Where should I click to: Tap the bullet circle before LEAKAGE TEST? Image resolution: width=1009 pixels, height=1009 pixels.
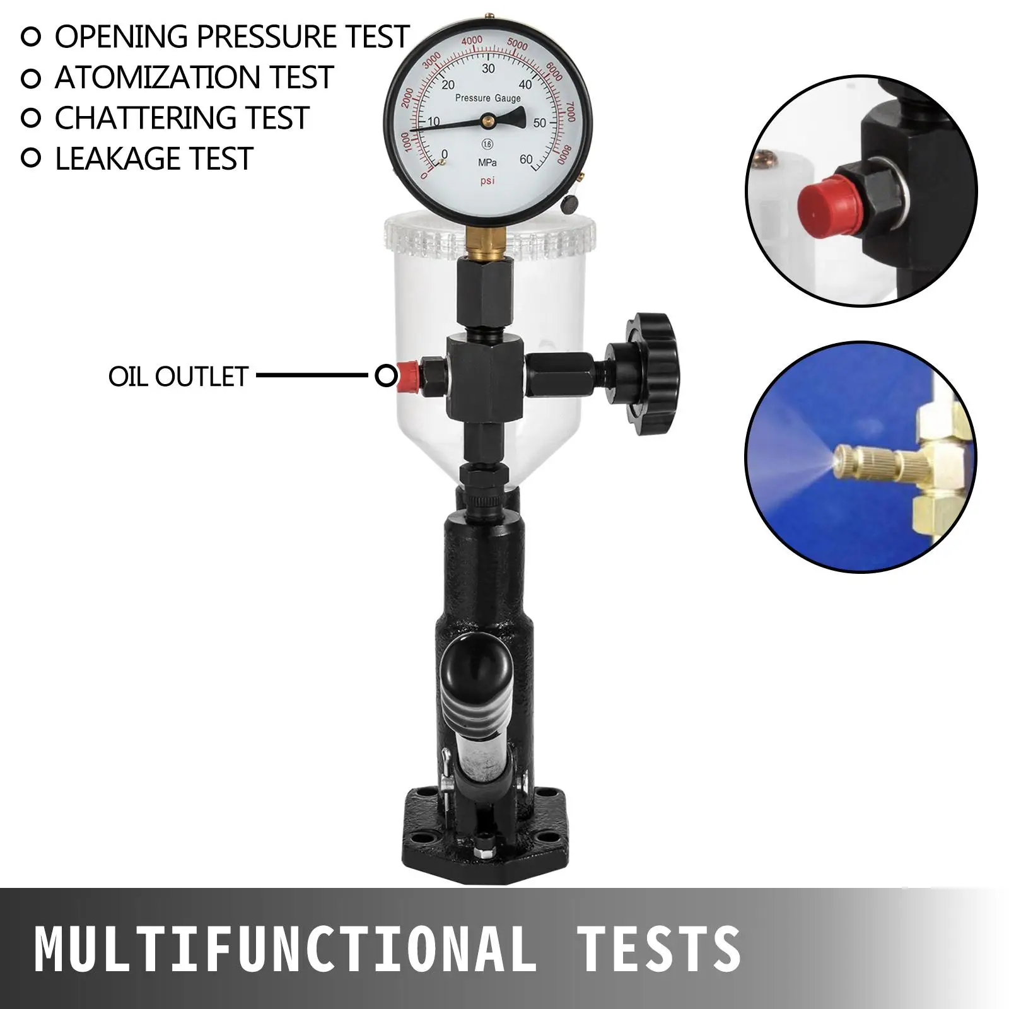[31, 158]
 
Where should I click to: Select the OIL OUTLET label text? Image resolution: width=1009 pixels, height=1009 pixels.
[178, 376]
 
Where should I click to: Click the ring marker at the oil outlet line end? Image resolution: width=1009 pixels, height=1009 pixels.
[385, 376]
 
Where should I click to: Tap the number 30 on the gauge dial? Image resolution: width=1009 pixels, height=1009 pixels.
[488, 69]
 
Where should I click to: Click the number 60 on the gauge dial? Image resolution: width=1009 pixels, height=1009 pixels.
[525, 160]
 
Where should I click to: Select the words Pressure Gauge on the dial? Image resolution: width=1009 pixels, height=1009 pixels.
[488, 98]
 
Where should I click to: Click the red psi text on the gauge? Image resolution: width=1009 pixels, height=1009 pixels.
[487, 181]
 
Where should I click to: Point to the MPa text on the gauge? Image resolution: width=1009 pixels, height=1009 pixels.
[487, 163]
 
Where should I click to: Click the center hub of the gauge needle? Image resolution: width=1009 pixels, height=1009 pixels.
[487, 119]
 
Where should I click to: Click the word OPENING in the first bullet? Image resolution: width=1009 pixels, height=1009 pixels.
[121, 37]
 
